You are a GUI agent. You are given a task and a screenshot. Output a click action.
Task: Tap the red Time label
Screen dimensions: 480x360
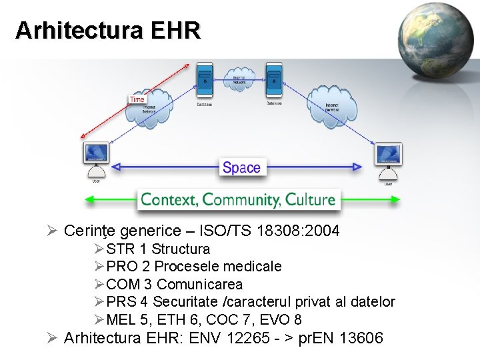coord(137,99)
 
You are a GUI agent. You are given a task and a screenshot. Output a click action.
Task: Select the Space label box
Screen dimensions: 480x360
coord(241,167)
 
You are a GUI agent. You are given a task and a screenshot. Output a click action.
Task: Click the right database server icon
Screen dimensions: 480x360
coord(273,79)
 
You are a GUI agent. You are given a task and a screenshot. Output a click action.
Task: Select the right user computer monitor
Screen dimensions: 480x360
coord(387,155)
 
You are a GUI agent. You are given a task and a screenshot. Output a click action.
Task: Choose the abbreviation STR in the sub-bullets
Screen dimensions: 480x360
coord(120,249)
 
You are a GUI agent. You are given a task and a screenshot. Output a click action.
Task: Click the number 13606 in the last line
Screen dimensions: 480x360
coord(361,338)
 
